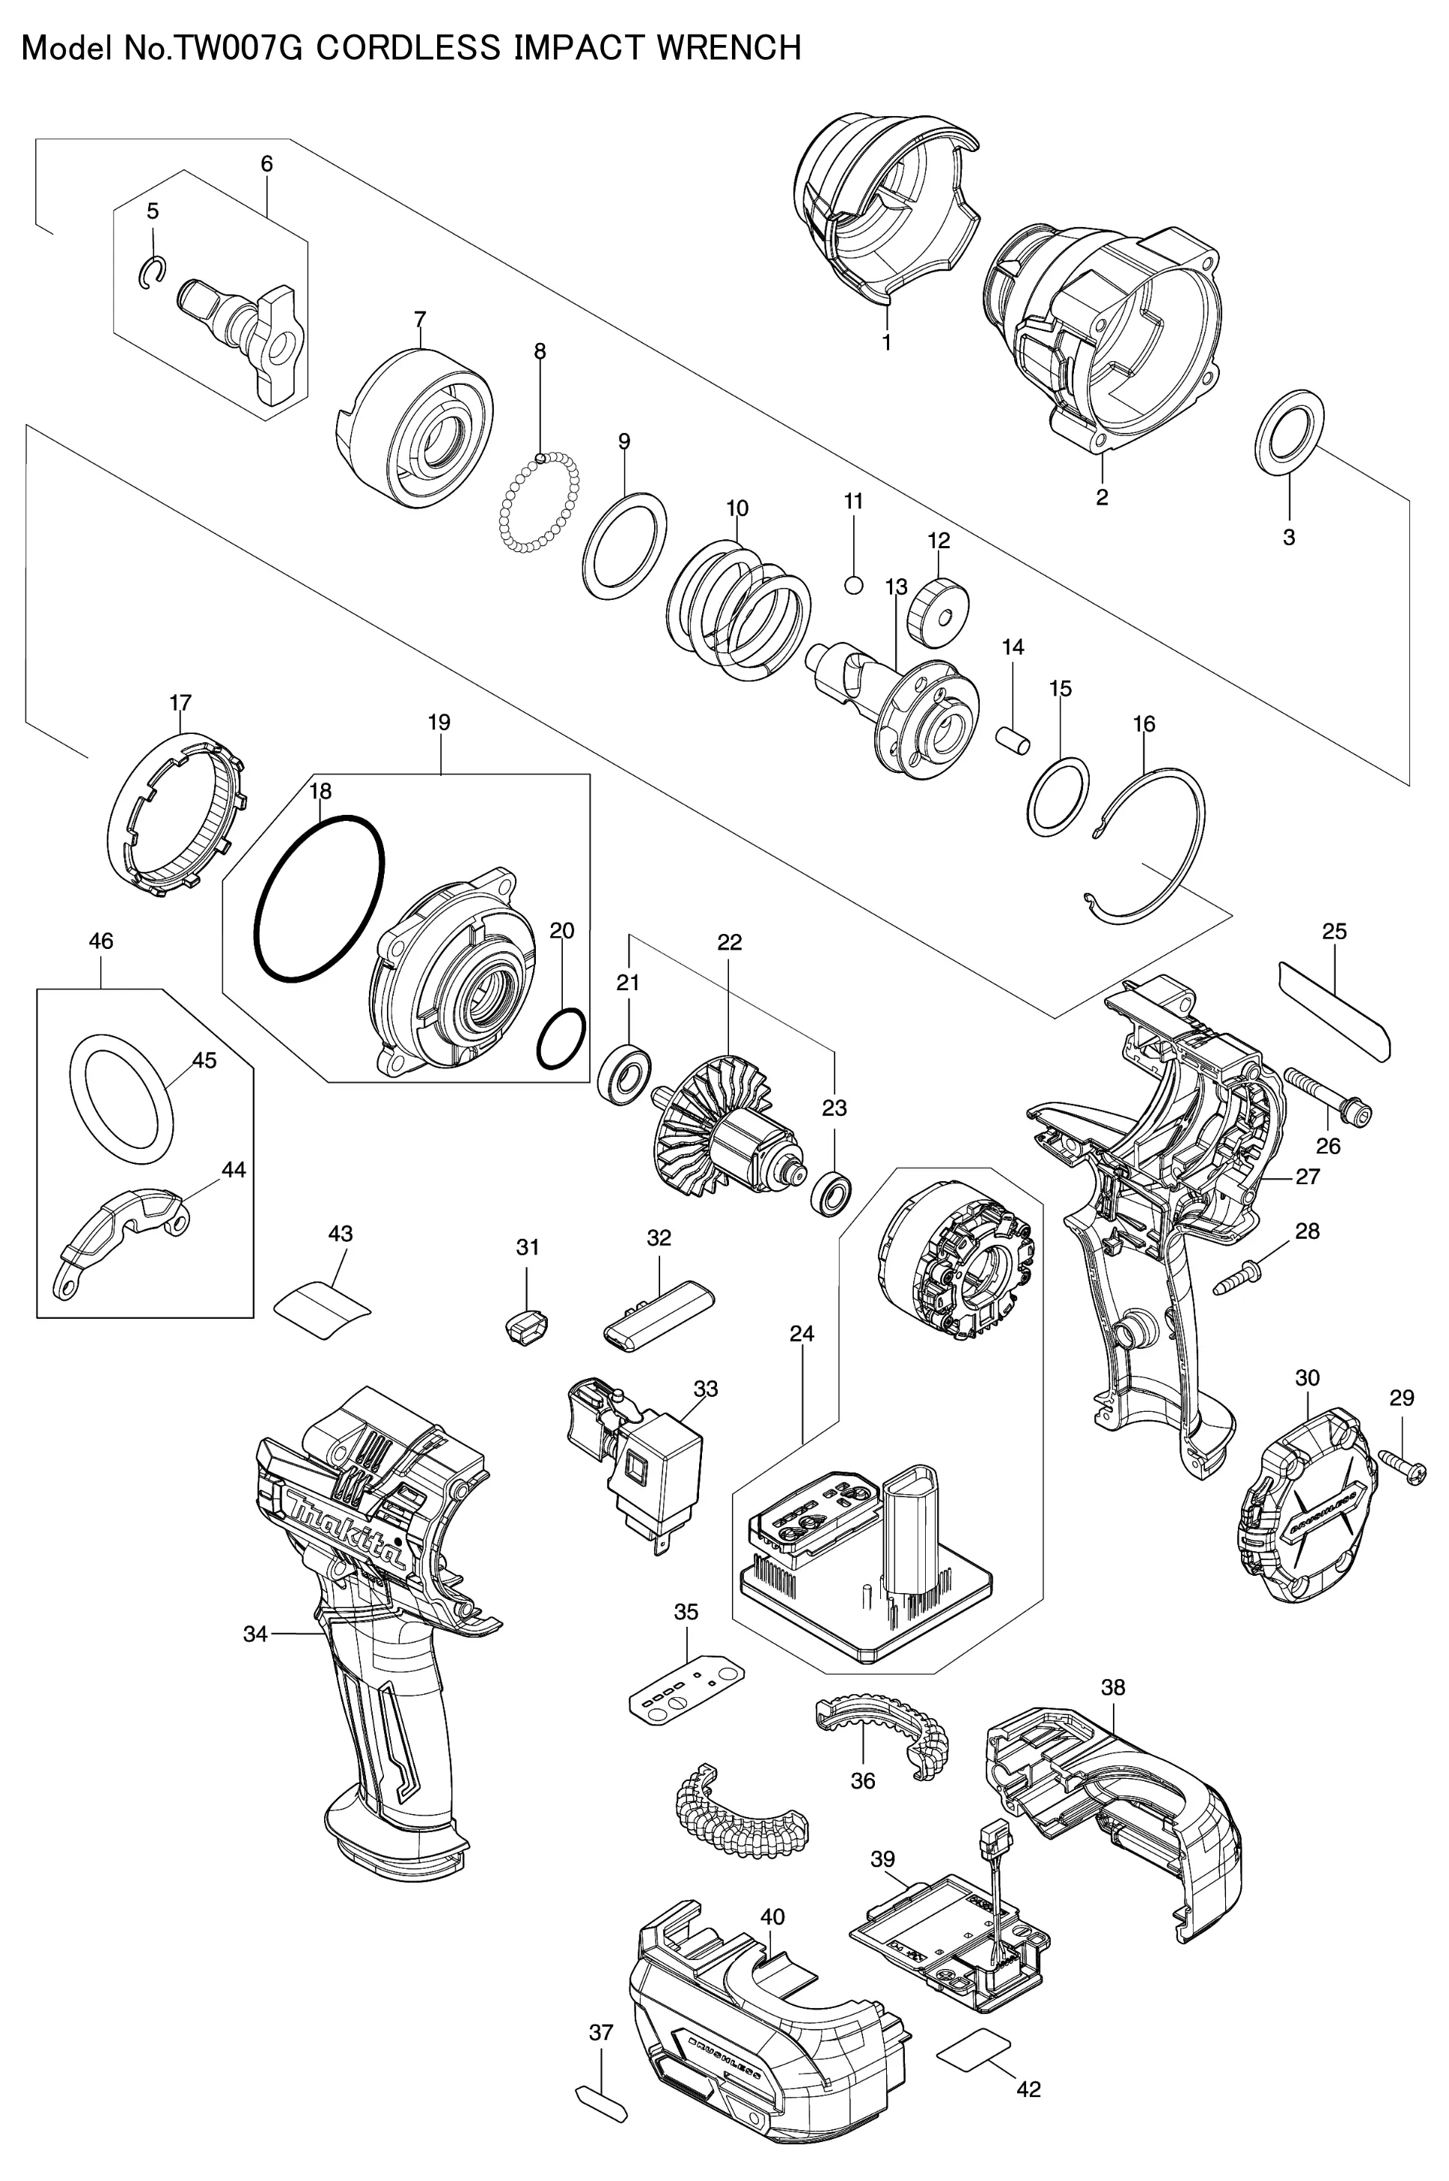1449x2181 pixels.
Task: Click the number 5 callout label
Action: click(153, 210)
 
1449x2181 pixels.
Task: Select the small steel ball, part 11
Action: click(854, 584)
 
